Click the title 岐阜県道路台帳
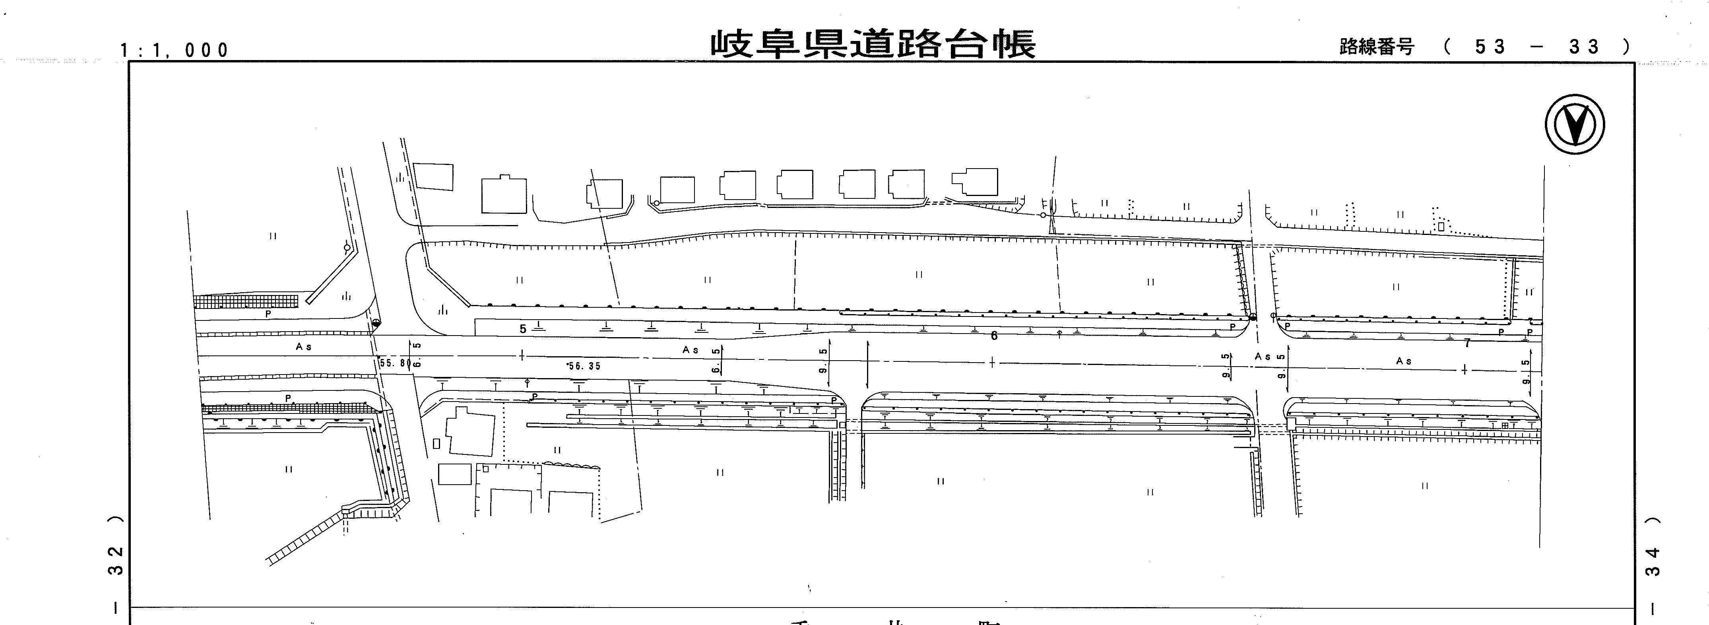[x=873, y=44]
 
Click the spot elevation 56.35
[x=584, y=366]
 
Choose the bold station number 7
[x=1467, y=343]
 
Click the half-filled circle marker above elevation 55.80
[x=376, y=323]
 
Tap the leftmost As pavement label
[x=304, y=346]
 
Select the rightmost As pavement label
[x=1403, y=361]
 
